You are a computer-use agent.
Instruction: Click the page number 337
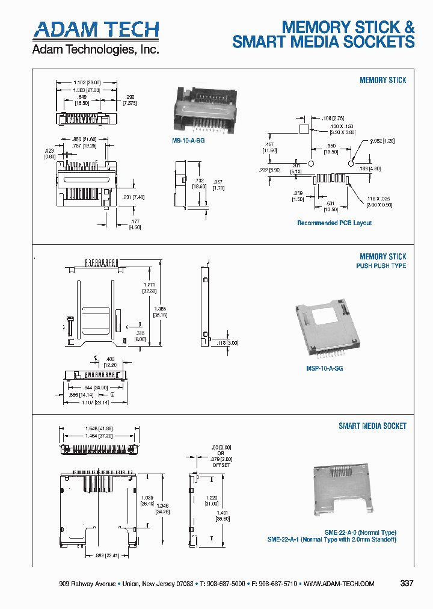(407, 583)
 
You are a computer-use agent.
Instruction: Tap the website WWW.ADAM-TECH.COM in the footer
(339, 584)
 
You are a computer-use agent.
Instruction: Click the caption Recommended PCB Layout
(334, 223)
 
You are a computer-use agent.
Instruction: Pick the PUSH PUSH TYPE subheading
(381, 266)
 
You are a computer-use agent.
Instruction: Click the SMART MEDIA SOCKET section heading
(372, 426)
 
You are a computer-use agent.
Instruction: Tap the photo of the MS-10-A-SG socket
(202, 108)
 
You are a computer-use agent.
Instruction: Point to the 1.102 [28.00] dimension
(87, 82)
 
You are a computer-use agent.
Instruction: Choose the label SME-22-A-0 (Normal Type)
(360, 533)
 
